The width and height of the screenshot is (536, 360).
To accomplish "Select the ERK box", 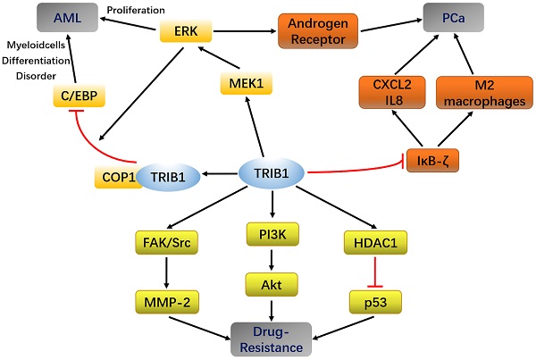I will (187, 33).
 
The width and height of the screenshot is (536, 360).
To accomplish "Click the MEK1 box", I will (243, 87).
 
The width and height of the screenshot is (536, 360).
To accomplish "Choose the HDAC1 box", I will (368, 239).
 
